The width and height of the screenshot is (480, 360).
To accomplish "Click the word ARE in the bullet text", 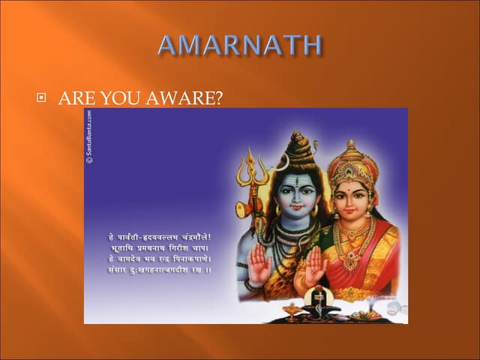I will (74, 98).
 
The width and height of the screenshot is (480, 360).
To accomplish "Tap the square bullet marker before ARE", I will (43, 98).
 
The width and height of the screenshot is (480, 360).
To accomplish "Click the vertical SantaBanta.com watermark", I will (89, 136).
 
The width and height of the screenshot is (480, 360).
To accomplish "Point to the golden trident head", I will (248, 169).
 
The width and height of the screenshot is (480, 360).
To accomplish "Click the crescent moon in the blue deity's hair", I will (283, 163).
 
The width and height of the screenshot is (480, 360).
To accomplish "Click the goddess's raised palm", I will (315, 266).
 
